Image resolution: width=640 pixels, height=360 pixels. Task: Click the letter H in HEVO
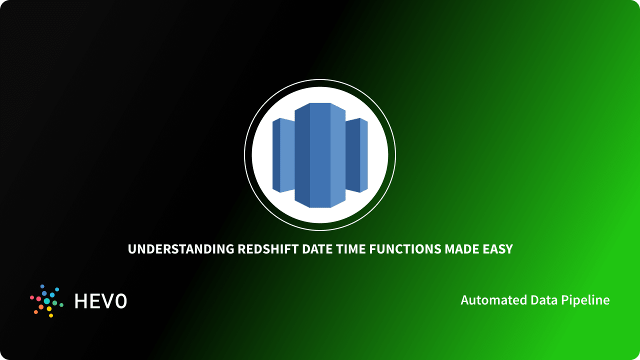tap(80, 301)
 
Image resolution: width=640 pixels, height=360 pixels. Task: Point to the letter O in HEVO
tap(120, 301)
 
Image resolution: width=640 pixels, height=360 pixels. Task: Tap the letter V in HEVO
tap(106, 301)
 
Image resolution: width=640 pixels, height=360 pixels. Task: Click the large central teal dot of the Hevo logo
tap(46, 301)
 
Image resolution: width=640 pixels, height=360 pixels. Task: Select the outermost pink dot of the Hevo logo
tap(32, 297)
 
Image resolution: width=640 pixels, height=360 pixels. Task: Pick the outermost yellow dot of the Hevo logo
tap(51, 315)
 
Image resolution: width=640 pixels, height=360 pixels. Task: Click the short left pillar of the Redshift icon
tap(283, 155)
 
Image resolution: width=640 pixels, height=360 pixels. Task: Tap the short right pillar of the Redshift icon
tap(356, 155)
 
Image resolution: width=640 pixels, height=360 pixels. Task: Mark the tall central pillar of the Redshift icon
tap(320, 155)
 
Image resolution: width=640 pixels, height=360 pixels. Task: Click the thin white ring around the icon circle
tap(320, 79)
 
